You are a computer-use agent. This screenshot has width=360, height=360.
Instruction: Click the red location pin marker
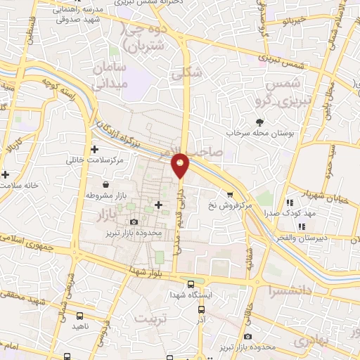coord(181,165)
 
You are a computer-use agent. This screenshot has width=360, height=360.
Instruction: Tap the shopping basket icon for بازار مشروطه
coord(105,184)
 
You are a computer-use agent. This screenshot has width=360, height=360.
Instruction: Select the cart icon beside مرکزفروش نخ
coord(229,194)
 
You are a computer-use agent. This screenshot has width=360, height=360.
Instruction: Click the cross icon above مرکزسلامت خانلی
coord(94,149)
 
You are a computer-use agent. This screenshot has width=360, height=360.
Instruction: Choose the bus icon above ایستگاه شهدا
coord(191,284)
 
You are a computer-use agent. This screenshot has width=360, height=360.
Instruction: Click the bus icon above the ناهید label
coord(79,316)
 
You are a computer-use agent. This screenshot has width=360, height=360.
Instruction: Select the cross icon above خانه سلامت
coord(6,174)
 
